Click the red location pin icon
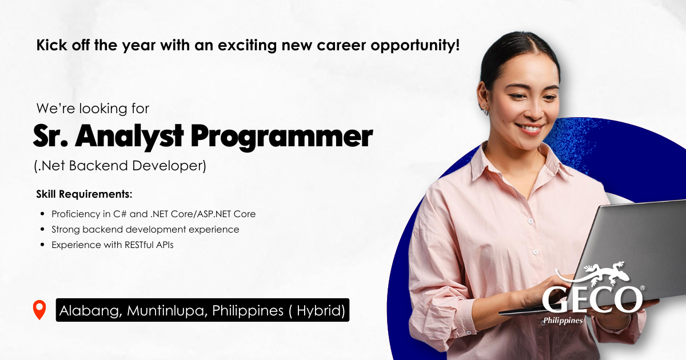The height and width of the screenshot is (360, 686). pos(39,309)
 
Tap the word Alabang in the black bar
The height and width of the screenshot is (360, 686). pos(89,311)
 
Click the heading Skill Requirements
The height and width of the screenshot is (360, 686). pos(84,194)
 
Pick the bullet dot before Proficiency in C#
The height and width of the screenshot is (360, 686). pos(42,214)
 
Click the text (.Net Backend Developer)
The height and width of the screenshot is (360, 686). pos(120,166)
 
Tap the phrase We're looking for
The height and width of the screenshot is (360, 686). pos(93,109)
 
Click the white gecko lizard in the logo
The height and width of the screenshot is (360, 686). pos(605,273)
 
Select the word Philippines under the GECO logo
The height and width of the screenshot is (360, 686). pos(563,321)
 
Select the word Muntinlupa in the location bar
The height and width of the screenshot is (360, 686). pos(165,311)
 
